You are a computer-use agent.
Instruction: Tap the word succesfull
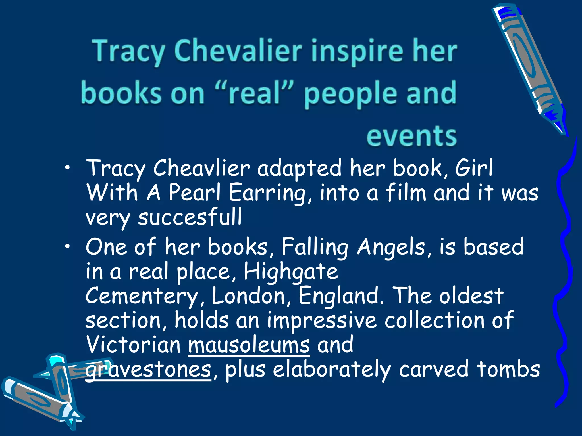pyautogui.click(x=190, y=217)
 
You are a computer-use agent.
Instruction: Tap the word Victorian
pyautogui.click(x=134, y=345)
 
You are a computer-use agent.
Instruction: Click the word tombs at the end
pyautogui.click(x=508, y=369)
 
